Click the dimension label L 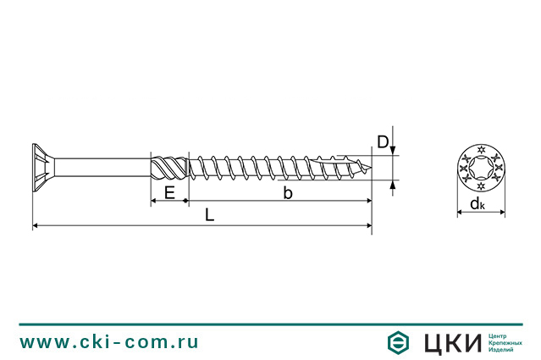[x=209, y=215]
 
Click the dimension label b [x=288, y=193]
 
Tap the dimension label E [x=169, y=193]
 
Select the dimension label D [x=383, y=142]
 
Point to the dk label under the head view [x=478, y=204]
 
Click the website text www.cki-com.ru [x=109, y=341]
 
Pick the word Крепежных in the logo [x=509, y=342]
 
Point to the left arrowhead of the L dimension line [x=36, y=225]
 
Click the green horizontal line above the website [x=270, y=324]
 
